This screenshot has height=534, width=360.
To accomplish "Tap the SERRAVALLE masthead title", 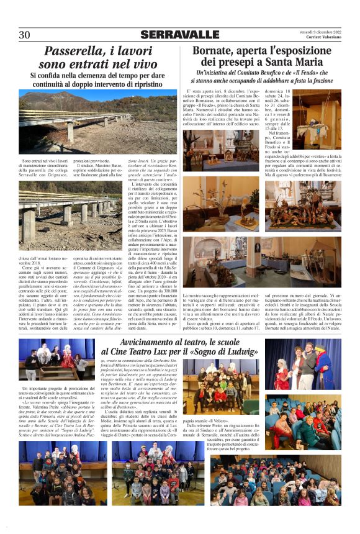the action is click(180, 35).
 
